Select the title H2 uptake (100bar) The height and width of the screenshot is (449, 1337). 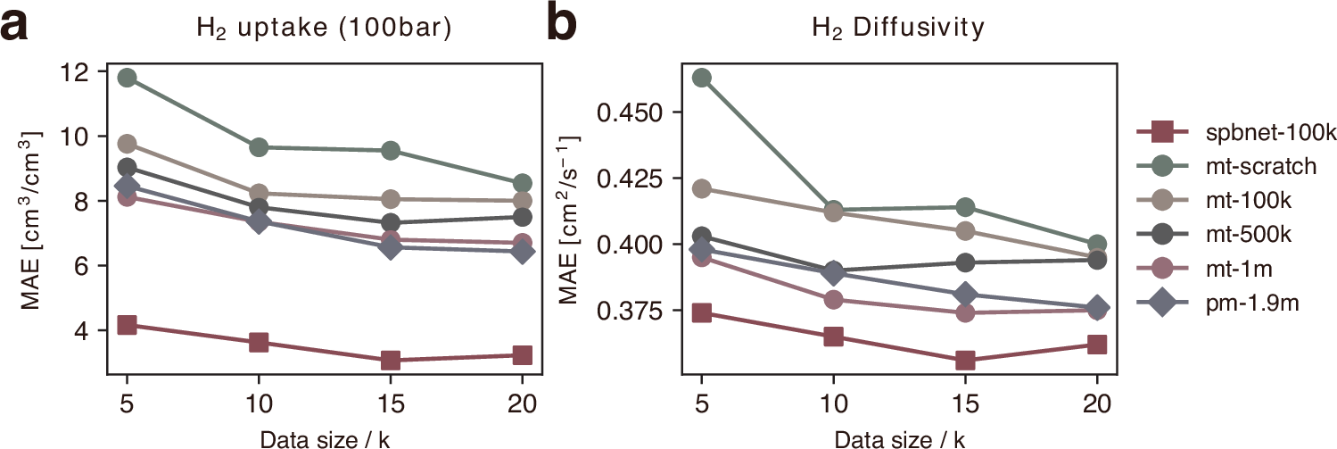(x=324, y=29)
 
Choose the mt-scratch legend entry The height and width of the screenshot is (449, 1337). (x=1226, y=167)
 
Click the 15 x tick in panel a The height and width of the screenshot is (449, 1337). (x=390, y=401)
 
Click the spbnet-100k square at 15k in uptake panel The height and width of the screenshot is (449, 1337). (x=390, y=361)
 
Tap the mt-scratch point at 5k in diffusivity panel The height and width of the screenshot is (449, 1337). (x=702, y=78)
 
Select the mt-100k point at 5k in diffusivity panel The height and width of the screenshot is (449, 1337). (x=702, y=188)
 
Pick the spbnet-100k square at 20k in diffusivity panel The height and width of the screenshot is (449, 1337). (x=1097, y=344)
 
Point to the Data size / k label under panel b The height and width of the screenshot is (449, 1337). (x=899, y=437)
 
